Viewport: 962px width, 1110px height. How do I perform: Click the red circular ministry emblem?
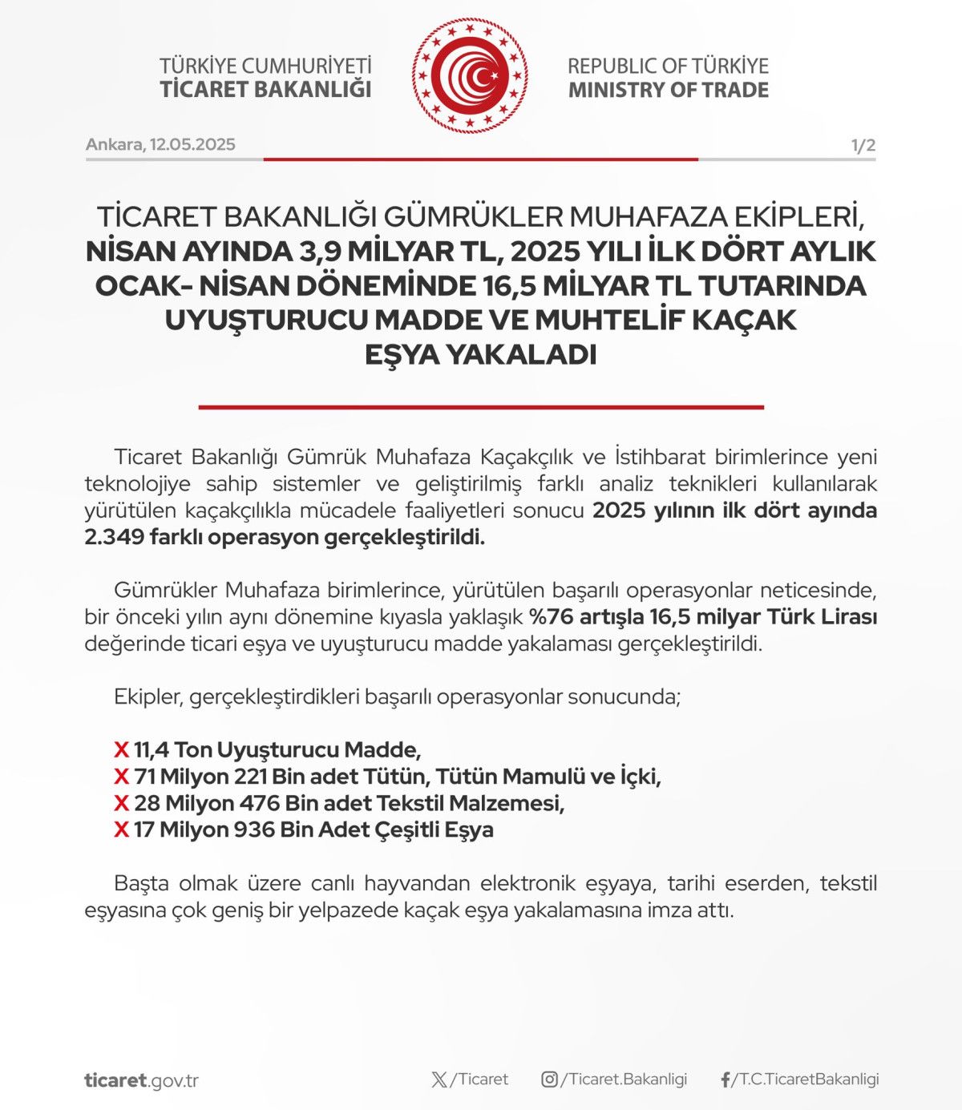(471, 76)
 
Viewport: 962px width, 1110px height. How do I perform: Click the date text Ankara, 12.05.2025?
(160, 144)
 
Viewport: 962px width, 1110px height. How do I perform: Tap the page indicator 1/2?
(863, 145)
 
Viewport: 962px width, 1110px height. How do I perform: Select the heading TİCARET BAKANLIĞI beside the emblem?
(265, 89)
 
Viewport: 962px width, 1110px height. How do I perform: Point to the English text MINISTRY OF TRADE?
(668, 90)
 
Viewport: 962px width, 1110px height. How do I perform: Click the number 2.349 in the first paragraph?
(114, 537)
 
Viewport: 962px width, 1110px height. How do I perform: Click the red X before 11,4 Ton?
(122, 750)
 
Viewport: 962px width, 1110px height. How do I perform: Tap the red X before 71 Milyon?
(122, 777)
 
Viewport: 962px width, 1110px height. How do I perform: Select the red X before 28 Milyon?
(122, 803)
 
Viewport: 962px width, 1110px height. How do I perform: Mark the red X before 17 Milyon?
(122, 829)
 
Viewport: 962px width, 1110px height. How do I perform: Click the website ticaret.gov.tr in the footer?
(141, 1080)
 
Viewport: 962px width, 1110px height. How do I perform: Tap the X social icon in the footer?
(439, 1080)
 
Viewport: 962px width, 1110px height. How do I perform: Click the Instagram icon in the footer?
(549, 1080)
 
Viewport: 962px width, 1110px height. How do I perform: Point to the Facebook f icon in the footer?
(726, 1080)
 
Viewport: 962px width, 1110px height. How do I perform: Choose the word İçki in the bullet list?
(640, 777)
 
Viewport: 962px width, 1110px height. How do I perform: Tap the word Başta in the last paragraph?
(141, 883)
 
